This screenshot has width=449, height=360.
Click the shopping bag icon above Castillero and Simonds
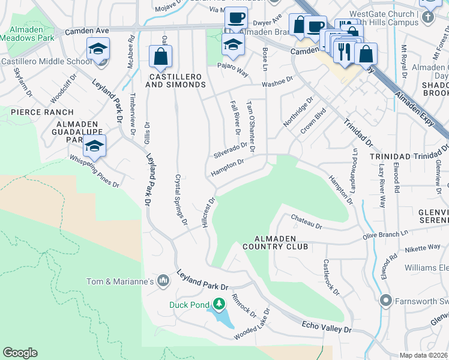pos(160,57)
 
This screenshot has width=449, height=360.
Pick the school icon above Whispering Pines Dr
pos(94,145)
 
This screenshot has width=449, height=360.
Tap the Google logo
pos(20,353)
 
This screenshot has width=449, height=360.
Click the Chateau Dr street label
pos(306,223)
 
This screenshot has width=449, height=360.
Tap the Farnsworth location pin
pos(385,299)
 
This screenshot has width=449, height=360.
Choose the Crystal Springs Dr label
pos(181,200)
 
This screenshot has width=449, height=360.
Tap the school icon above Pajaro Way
pos(234,44)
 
